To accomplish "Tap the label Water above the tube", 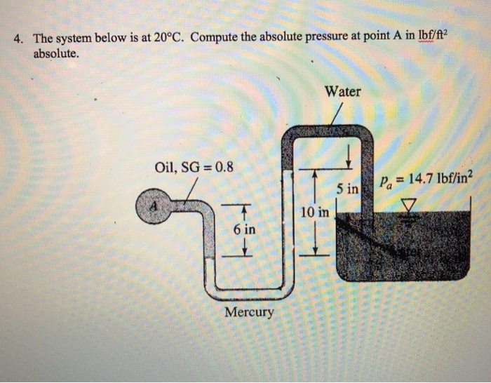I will pyautogui.click(x=343, y=92).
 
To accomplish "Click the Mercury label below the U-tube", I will pyautogui.click(x=249, y=311).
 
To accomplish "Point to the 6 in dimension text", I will pyautogui.click(x=244, y=229).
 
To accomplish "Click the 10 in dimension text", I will pyautogui.click(x=314, y=211).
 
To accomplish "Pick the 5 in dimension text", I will pyautogui.click(x=347, y=189).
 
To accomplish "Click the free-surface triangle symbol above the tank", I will pyautogui.click(x=408, y=205).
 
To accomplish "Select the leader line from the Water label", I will pyautogui.click(x=337, y=113).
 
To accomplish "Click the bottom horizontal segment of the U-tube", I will pyautogui.click(x=249, y=287).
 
